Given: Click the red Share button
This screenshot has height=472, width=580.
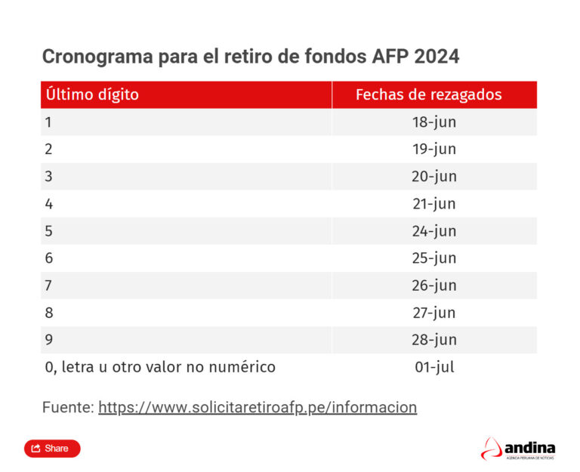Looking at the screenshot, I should tap(51, 449).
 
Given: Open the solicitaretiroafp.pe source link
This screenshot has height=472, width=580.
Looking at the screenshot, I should tap(257, 408).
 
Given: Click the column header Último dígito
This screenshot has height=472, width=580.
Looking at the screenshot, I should tap(92, 95).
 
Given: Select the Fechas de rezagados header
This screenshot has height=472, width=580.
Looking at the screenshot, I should tap(428, 95).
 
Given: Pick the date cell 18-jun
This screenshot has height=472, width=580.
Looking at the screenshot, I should tap(433, 122).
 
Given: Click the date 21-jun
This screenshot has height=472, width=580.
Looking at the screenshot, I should tap(433, 204).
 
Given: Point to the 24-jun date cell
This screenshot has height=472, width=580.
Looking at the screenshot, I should tap(433, 231).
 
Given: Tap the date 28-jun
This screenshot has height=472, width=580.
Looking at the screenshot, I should tap(433, 340).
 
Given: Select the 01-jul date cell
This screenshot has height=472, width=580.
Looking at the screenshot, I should tap(433, 367).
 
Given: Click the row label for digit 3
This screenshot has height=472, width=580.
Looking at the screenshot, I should tap(49, 177).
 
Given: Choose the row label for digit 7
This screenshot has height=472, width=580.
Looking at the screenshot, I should tap(49, 285).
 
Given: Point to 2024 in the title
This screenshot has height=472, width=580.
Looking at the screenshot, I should tap(437, 57).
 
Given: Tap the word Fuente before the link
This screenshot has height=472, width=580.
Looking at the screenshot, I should tap(66, 408).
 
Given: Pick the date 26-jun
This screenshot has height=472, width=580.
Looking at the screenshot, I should tap(433, 285).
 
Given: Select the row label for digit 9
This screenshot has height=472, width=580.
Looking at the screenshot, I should tap(49, 340).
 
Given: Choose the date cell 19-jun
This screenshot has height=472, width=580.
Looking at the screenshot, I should tap(433, 150).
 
